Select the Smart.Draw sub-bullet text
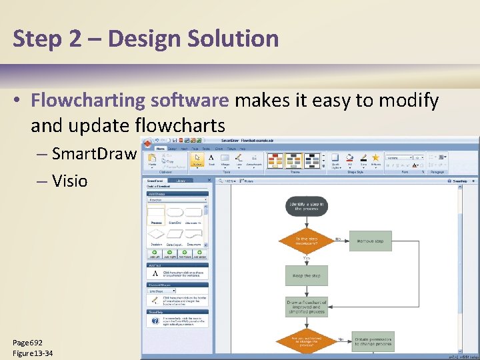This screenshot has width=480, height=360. (93, 154)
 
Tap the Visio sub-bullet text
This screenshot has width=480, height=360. (69, 180)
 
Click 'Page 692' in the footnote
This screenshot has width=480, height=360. (27, 342)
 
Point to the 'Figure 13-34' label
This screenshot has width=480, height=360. (33, 353)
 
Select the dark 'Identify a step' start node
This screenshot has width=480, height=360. (307, 206)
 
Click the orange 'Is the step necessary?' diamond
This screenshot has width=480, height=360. (307, 241)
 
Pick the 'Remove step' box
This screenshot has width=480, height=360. (371, 241)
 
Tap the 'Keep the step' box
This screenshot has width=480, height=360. (307, 275)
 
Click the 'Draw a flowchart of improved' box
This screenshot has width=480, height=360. (307, 307)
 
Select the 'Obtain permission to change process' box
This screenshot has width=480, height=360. (373, 341)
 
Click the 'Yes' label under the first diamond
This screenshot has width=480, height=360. (307, 257)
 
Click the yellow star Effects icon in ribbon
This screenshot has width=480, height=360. (375, 157)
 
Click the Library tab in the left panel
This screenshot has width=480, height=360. (180, 180)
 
